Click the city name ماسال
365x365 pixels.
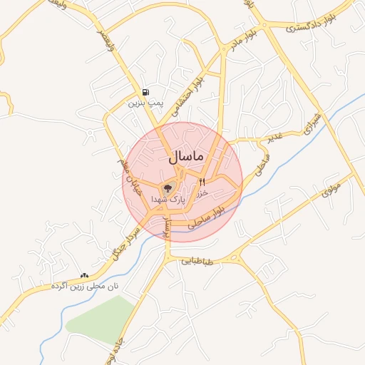[186, 155]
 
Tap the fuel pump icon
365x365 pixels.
[146, 92]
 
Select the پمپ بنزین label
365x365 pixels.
[146, 103]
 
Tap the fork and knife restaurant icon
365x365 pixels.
[202, 182]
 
